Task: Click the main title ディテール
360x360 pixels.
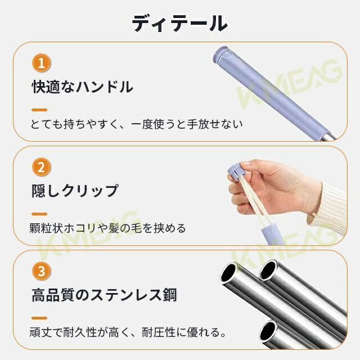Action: tap(179, 23)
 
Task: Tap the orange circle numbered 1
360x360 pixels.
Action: tap(41, 63)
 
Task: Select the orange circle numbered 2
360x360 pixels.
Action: tap(41, 167)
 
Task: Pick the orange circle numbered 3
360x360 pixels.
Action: tap(41, 271)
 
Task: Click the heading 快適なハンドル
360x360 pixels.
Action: tap(83, 87)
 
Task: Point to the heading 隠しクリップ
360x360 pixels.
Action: tap(75, 191)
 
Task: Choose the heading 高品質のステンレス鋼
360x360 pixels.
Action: tap(104, 295)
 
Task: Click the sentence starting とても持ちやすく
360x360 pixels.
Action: tap(136, 124)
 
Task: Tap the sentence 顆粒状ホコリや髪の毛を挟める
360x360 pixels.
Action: tap(107, 228)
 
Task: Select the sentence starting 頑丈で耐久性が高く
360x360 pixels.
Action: tap(128, 332)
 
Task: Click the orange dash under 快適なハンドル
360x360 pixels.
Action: tap(39, 110)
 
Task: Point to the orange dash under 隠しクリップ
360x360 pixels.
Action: tap(39, 214)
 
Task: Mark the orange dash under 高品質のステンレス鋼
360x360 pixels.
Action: tap(39, 318)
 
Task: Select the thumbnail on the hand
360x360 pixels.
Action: tap(246, 164)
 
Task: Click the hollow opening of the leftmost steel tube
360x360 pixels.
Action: tap(228, 273)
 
